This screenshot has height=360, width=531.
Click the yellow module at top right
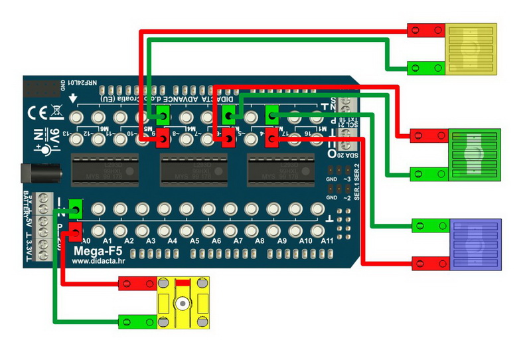coord(471,50)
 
